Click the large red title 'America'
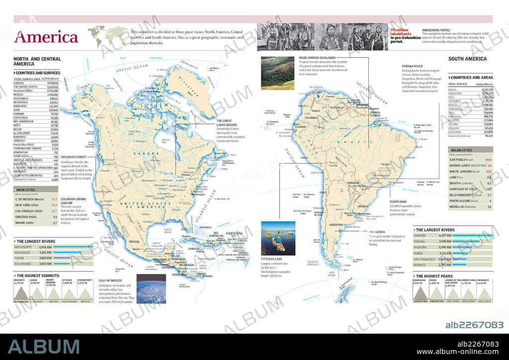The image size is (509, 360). pyautogui.click(x=46, y=37)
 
